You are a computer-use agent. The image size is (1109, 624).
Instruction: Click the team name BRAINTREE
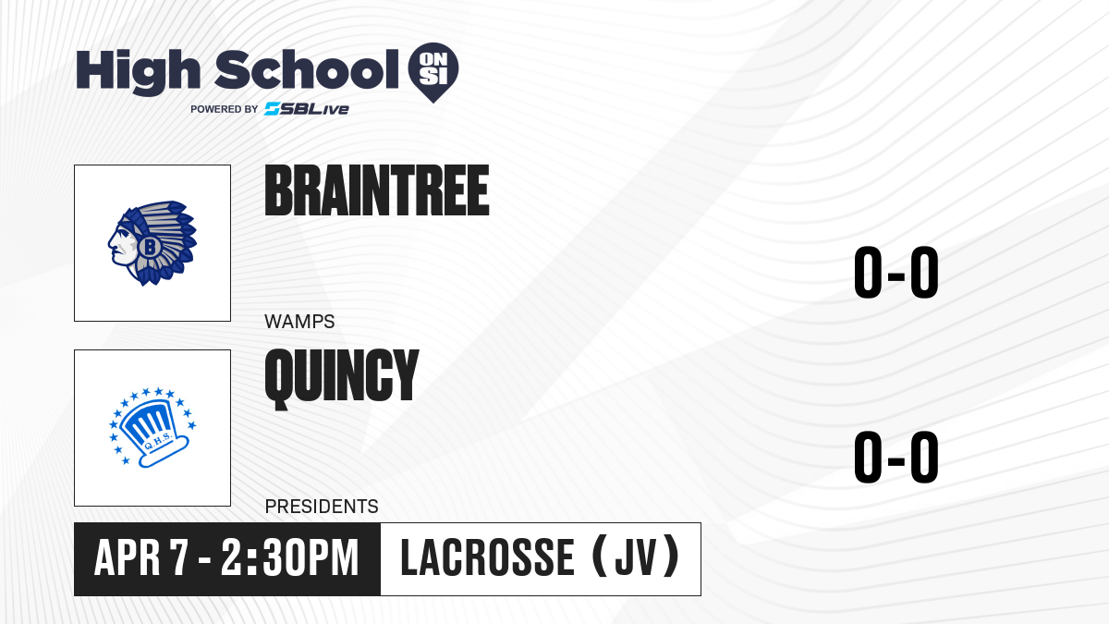[x=377, y=190]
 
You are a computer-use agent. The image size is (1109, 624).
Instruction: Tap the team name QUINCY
[x=342, y=378]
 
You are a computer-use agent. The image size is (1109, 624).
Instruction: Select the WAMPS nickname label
[x=299, y=322]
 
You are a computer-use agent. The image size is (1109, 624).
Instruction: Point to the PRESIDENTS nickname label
[x=322, y=507]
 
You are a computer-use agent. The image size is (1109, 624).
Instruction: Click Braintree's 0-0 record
[x=896, y=272]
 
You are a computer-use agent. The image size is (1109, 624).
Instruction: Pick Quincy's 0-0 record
[x=896, y=457]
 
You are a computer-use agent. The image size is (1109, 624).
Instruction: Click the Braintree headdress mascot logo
[x=152, y=242]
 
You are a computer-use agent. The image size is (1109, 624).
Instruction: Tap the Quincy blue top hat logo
[x=152, y=428]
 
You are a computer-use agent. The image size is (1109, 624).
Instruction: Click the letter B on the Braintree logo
[x=150, y=246]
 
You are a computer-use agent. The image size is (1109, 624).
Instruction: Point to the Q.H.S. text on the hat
[x=158, y=442]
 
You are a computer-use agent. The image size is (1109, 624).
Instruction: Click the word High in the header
[x=138, y=71]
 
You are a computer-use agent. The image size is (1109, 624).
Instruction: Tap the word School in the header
[x=307, y=68]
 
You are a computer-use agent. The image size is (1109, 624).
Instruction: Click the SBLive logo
[x=307, y=109]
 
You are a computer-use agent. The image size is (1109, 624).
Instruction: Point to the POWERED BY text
[x=225, y=109]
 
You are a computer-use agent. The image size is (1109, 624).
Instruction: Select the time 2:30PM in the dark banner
[x=289, y=557]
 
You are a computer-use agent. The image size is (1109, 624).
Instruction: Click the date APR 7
[x=141, y=557]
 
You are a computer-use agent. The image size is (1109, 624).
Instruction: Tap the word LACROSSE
[x=487, y=557]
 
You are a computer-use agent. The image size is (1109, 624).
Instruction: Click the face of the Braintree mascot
[x=121, y=247]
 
